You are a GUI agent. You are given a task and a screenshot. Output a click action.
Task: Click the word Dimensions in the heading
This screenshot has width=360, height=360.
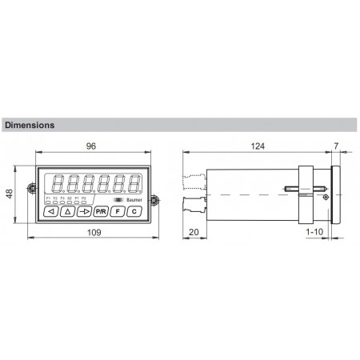(30, 126)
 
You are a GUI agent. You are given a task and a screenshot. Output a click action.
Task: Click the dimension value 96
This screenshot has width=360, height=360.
(93, 147)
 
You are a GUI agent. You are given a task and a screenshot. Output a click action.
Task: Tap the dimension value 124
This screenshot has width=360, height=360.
(258, 147)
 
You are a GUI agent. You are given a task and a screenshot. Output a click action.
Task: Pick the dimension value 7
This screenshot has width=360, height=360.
(335, 147)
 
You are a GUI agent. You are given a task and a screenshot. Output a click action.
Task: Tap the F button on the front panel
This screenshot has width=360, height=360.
(118, 211)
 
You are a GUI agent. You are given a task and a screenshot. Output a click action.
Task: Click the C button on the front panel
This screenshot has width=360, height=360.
(134, 211)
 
